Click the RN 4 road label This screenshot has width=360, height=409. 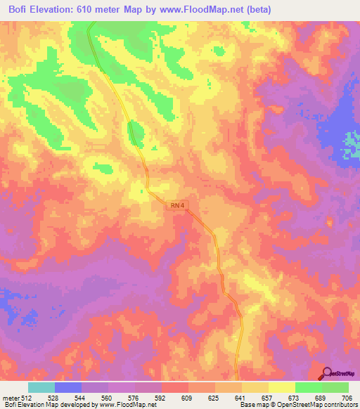pos(177,205)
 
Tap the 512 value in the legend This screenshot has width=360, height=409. pos(27,397)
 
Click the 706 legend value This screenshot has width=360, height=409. pos(346,397)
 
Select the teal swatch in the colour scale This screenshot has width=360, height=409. pos(41,387)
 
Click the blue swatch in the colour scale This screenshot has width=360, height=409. pos(68,387)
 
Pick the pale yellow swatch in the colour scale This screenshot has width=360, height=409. pos(281,387)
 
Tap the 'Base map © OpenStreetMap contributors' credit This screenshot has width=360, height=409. pos(298,405)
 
